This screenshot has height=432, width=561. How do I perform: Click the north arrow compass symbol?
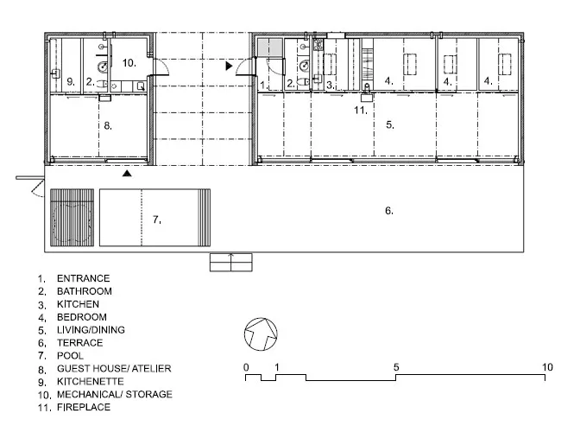click(261, 334)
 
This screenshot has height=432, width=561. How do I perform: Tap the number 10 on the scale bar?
click(547, 367)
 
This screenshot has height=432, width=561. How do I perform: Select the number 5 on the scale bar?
click(396, 367)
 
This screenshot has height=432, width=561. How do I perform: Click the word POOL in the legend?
click(70, 356)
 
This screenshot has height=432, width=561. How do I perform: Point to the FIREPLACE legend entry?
click(84, 407)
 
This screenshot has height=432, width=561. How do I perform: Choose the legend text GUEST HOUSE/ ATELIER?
click(114, 369)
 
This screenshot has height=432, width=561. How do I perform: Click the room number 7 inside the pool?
click(157, 219)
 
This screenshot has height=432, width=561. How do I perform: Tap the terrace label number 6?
click(389, 211)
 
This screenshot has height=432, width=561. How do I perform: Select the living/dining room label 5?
click(390, 124)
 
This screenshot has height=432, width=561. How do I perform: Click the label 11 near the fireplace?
click(361, 110)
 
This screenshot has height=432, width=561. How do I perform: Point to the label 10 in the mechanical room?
click(129, 63)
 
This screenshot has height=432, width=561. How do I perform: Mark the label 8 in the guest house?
click(108, 126)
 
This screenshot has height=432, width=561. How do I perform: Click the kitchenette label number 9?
click(71, 82)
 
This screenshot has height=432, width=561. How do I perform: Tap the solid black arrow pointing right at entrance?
click(229, 66)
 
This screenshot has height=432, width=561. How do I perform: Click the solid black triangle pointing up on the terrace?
click(127, 174)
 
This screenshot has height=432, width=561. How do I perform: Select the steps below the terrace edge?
click(231, 262)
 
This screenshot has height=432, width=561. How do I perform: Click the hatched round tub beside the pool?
click(72, 218)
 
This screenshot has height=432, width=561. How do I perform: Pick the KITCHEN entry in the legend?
click(78, 304)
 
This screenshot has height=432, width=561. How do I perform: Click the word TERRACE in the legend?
click(79, 343)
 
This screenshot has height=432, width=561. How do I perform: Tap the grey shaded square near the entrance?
click(270, 48)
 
